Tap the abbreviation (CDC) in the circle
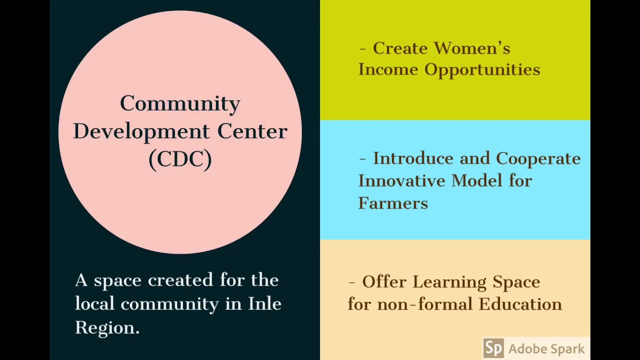pyautogui.click(x=180, y=159)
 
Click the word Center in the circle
pyautogui.click(x=252, y=131)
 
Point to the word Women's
pyautogui.click(x=472, y=48)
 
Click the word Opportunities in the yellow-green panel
pyautogui.click(x=482, y=69)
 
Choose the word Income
pyautogui.click(x=388, y=69)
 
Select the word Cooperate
pyautogui.click(x=538, y=159)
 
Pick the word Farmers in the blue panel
pyautogui.click(x=393, y=203)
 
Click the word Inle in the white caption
pyautogui.click(x=264, y=303)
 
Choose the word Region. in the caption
pyautogui.click(x=107, y=327)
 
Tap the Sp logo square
pyautogui.click(x=493, y=348)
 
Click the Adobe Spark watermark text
pyautogui.click(x=546, y=349)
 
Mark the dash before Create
pyautogui.click(x=362, y=49)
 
